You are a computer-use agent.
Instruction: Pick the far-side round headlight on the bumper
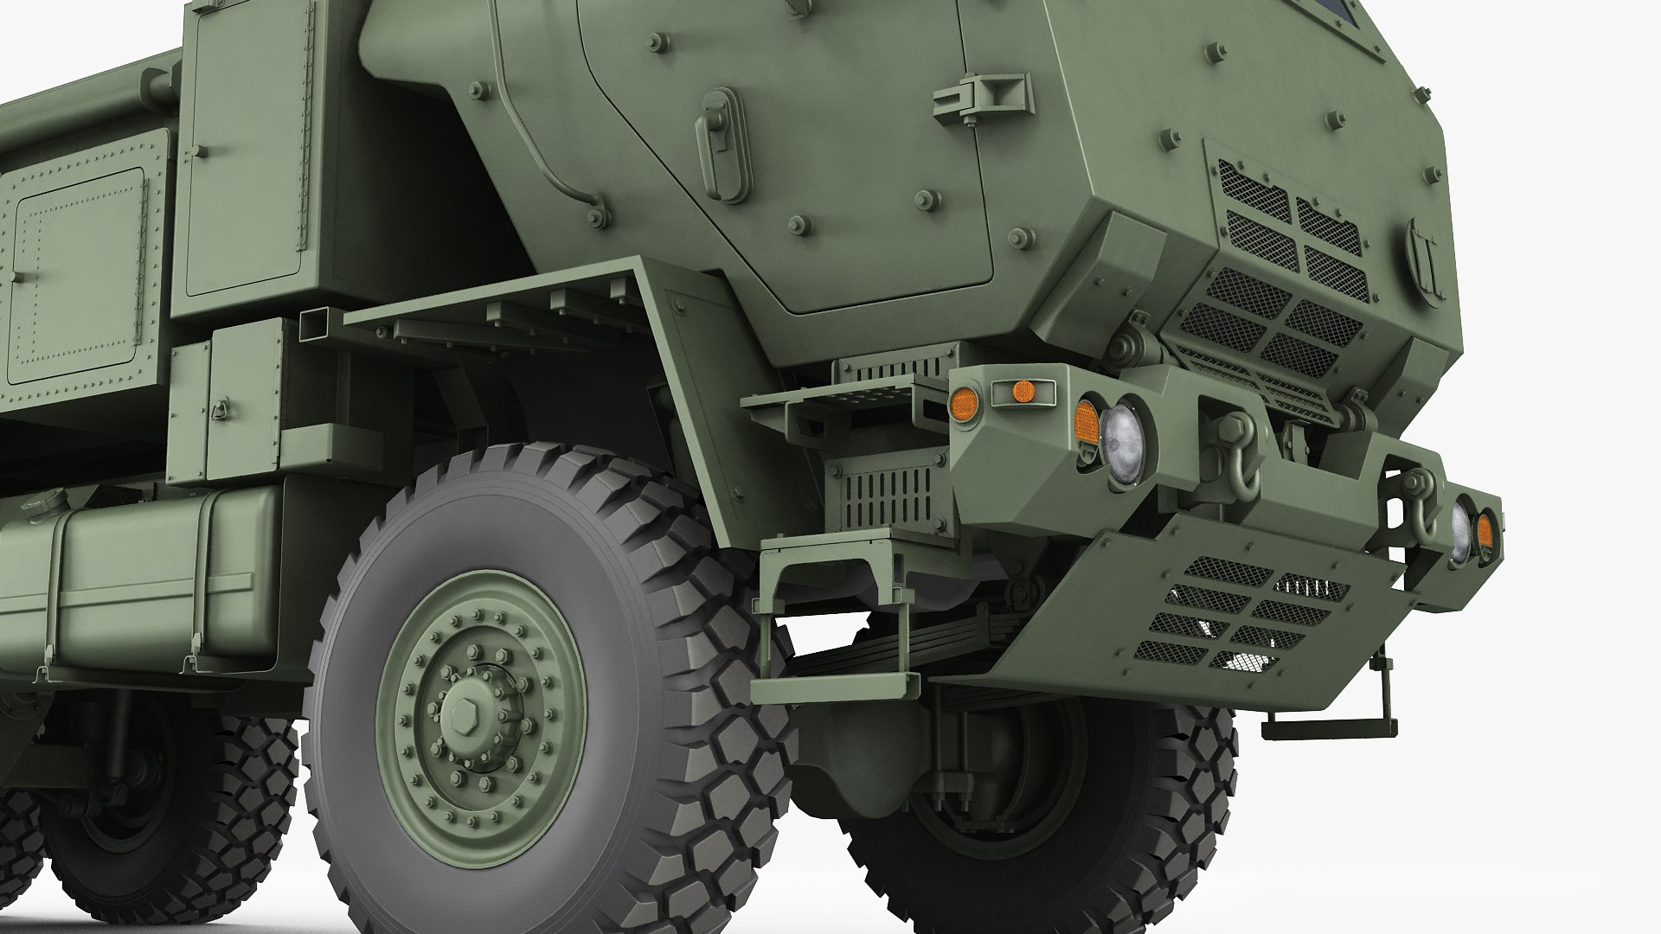pyautogui.click(x=1460, y=530)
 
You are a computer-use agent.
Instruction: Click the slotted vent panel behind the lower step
pyautogui.click(x=882, y=497)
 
